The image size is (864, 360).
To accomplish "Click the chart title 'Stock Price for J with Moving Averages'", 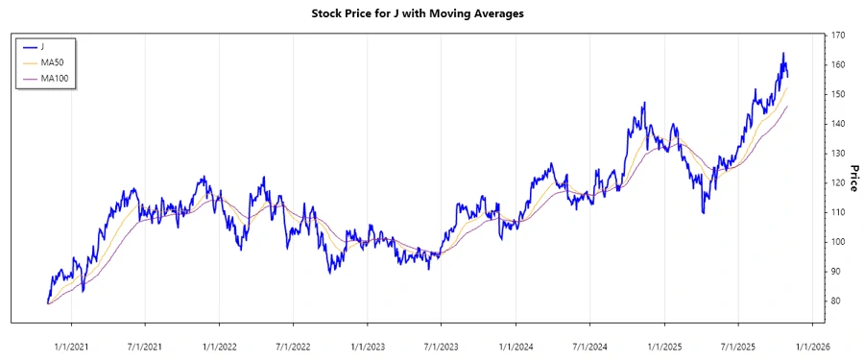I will [x=431, y=14].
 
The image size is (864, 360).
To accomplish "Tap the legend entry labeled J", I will [x=42, y=46].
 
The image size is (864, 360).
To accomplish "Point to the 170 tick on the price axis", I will [x=838, y=36].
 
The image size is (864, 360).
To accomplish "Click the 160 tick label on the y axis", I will [x=838, y=65].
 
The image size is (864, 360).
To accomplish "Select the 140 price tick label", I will [x=838, y=124].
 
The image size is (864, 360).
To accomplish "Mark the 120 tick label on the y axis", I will [x=838, y=183].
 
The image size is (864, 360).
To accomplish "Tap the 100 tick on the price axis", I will [x=838, y=242].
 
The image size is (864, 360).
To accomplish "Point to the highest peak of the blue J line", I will [x=782, y=53].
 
